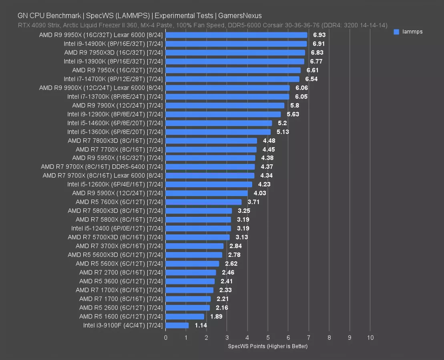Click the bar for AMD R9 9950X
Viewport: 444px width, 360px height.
[x=236, y=35]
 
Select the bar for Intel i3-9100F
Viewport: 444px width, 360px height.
[x=177, y=326]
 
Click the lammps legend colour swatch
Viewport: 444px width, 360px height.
[x=396, y=32]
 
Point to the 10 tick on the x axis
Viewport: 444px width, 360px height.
[x=370, y=338]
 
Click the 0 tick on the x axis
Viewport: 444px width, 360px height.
[x=166, y=338]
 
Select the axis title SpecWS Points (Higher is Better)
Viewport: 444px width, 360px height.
[x=267, y=346]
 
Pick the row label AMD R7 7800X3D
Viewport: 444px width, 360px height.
[x=115, y=141]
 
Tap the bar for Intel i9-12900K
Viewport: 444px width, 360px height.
[x=223, y=114]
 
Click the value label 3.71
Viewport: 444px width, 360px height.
[x=253, y=202]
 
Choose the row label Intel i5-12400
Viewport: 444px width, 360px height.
[x=117, y=228]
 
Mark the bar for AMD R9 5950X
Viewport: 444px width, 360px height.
[x=210, y=158]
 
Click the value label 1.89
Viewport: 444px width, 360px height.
[x=217, y=317]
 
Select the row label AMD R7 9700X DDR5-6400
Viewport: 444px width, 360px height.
[x=102, y=167]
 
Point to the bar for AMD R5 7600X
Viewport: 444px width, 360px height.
[x=203, y=202]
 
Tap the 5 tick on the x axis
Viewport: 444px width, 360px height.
[x=268, y=338]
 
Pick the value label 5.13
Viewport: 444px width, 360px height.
[x=283, y=132]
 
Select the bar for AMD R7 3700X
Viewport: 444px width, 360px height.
[x=195, y=246]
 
